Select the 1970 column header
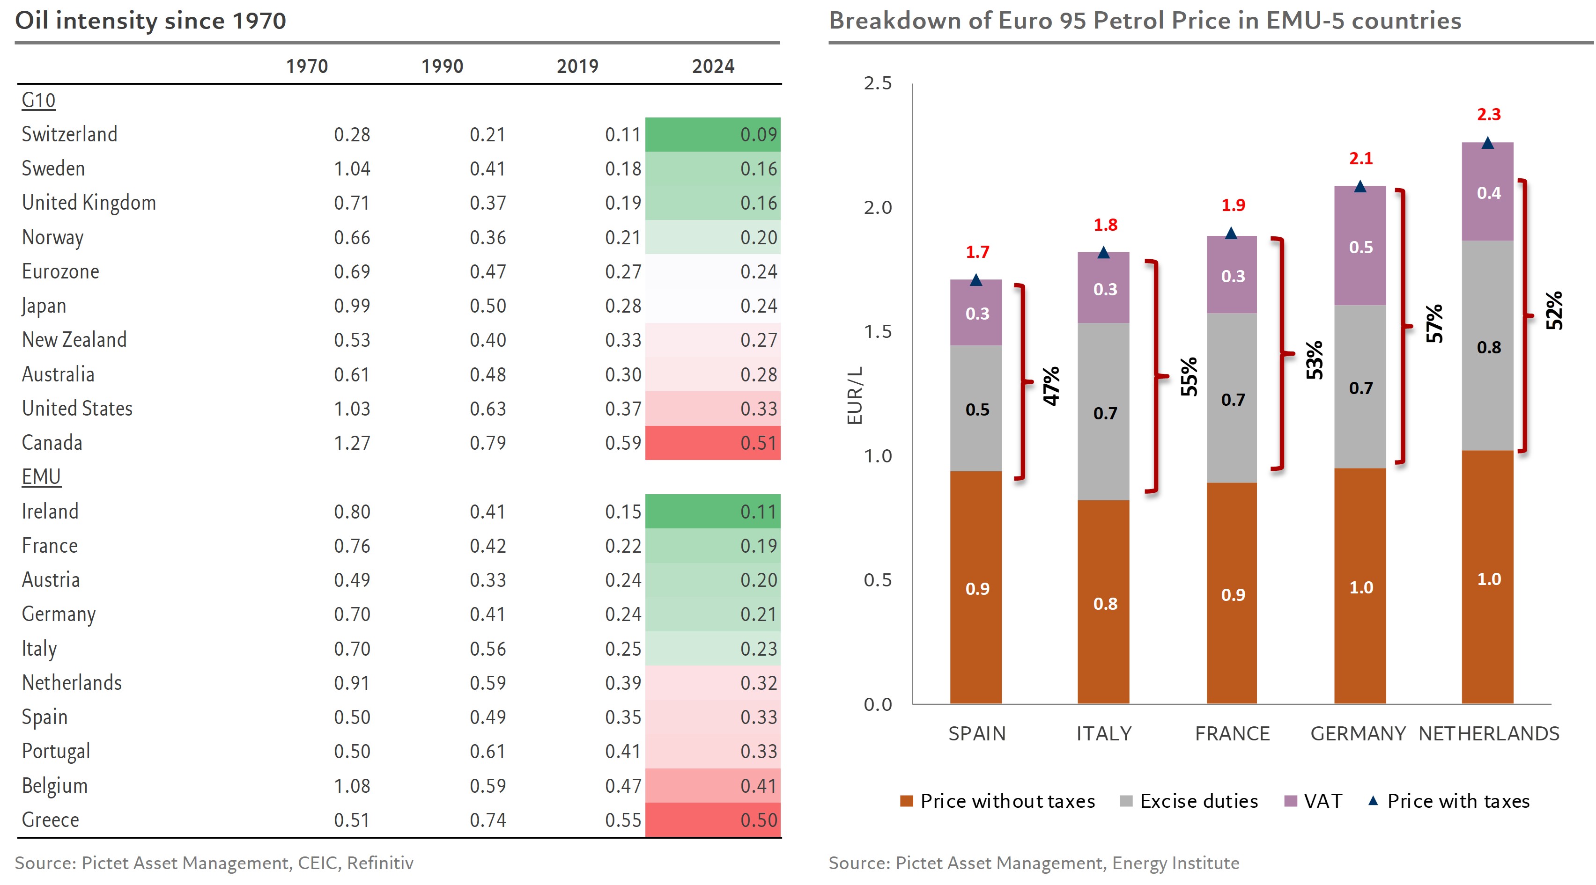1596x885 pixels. (307, 66)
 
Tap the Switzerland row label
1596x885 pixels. (69, 134)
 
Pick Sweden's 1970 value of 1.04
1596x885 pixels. (352, 168)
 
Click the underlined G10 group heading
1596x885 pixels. (38, 100)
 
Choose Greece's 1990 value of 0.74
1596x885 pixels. (488, 820)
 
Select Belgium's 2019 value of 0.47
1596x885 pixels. (623, 786)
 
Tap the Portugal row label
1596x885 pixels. (56, 751)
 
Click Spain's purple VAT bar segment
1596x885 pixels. (976, 314)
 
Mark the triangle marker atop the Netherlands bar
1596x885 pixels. (1487, 144)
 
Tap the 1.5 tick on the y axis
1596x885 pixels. (878, 331)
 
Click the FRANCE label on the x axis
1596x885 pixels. (1232, 734)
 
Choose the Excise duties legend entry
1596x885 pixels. (1190, 801)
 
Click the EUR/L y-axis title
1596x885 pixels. (855, 395)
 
